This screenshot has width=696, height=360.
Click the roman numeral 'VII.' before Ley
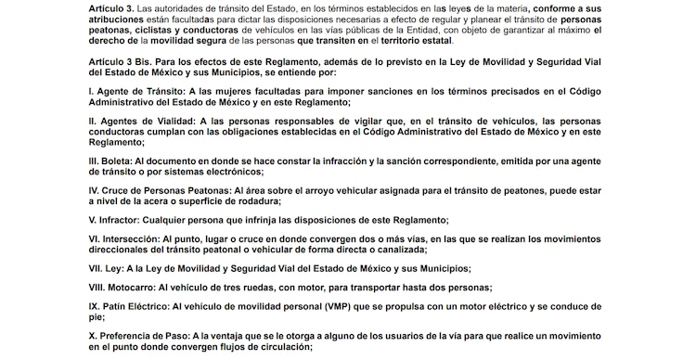pos(96,268)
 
